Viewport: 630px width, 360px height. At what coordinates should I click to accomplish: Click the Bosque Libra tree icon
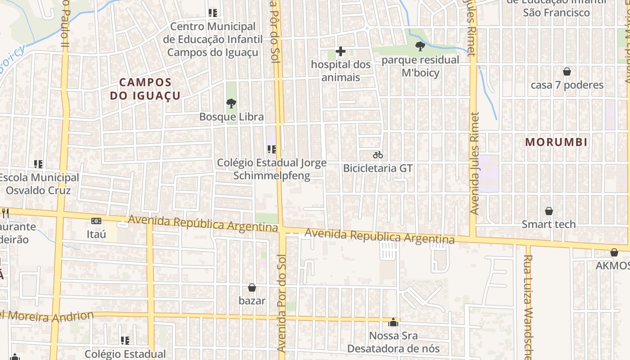pos(231,104)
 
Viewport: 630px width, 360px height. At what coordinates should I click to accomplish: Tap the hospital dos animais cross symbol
pos(341,51)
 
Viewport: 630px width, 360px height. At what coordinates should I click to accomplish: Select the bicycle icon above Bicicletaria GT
pos(378,155)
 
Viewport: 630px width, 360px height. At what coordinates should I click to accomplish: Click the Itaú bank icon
pos(96,221)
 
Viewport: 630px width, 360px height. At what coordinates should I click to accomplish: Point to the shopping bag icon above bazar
pos(252,288)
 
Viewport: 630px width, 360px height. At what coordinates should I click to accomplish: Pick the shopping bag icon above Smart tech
pos(549,211)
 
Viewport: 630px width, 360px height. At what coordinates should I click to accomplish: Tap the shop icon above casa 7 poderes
pos(567,72)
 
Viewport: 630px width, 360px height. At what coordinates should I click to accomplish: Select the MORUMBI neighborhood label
pos(556,142)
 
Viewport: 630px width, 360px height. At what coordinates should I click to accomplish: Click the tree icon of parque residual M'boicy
pos(420,46)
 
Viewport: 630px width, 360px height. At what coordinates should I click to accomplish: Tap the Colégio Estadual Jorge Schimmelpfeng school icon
pos(272,149)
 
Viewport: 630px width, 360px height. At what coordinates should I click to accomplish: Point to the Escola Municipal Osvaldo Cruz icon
pos(38,164)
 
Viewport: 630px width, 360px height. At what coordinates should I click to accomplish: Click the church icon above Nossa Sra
pos(393,322)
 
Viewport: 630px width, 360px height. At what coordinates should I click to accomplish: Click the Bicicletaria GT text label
pos(378,168)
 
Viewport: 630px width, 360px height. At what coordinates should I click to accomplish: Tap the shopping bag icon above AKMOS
pos(614,252)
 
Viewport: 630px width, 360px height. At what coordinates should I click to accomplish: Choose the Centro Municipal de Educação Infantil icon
pos(213,13)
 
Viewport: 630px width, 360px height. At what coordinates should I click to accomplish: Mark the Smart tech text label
pos(549,224)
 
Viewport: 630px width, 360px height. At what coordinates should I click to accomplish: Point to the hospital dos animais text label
pos(341,71)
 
